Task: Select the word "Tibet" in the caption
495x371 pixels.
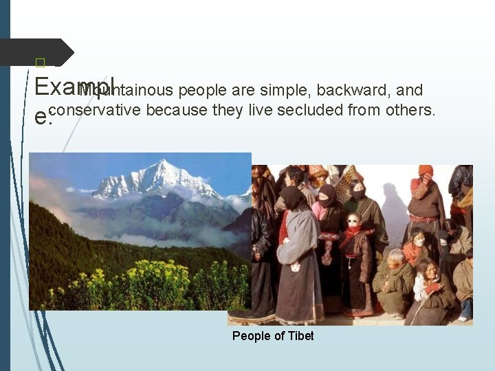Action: pyautogui.click(x=300, y=336)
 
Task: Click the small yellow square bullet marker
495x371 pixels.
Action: pyautogui.click(x=39, y=63)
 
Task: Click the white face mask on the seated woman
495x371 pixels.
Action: pyautogui.click(x=419, y=242)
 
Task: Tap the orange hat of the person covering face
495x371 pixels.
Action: pyautogui.click(x=426, y=170)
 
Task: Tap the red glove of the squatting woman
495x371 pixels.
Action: pyautogui.click(x=432, y=289)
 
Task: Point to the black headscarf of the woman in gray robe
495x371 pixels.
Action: pyautogui.click(x=294, y=199)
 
